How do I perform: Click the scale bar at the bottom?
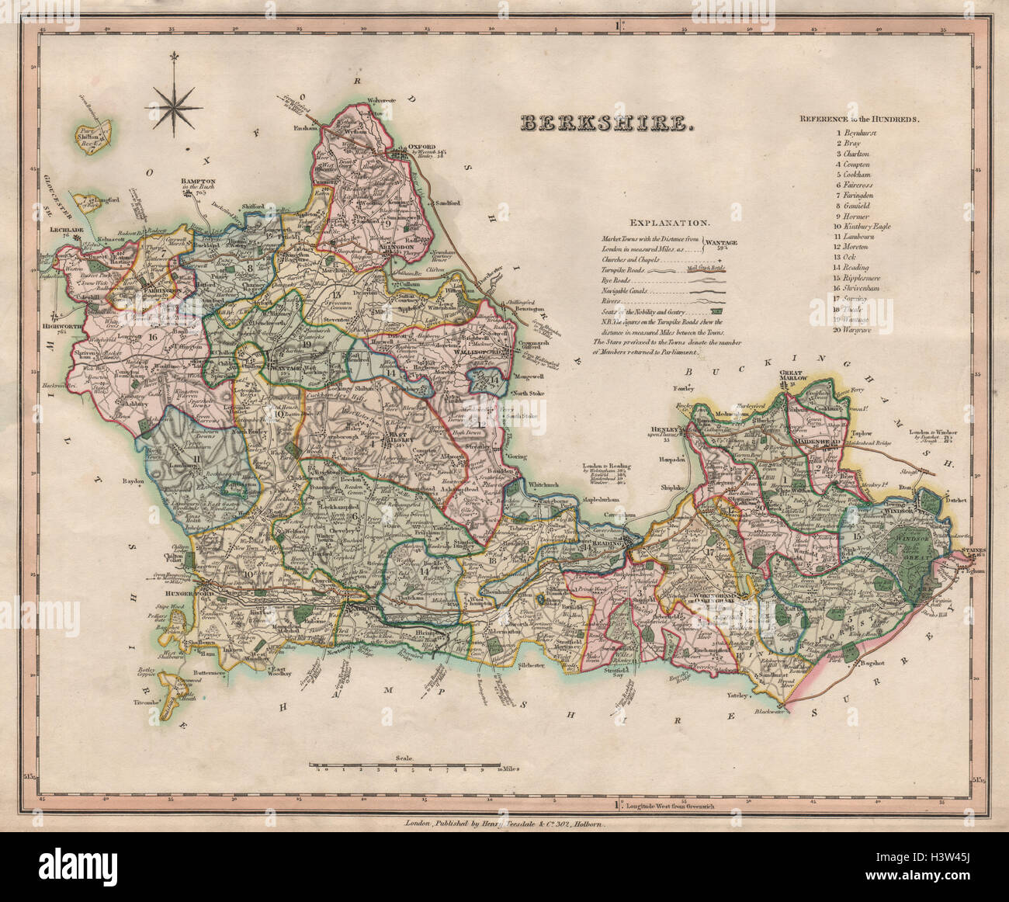pos(404,765)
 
